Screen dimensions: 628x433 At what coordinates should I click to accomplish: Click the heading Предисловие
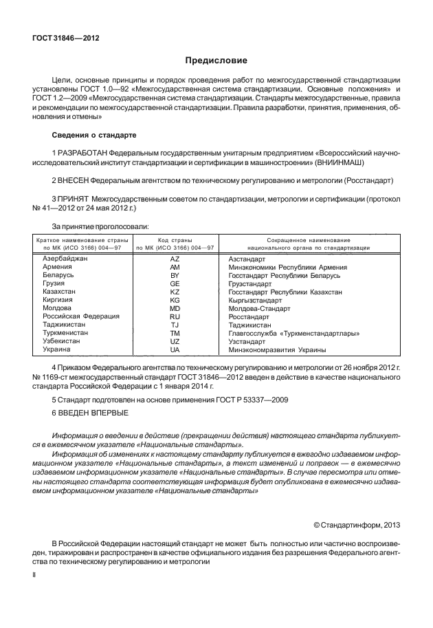[x=216, y=61]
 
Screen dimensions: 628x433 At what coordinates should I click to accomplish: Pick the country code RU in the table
[x=175, y=316]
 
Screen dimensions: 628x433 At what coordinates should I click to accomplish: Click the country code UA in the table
[x=175, y=349]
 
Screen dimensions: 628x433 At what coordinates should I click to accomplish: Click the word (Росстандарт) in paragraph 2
[x=368, y=180]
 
